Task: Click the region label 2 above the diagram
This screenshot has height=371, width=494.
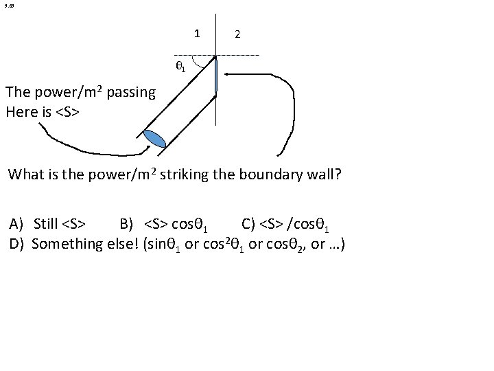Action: [x=237, y=34]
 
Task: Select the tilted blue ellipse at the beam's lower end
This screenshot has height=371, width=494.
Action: [x=155, y=138]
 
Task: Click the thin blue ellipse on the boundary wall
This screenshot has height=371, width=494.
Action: [x=215, y=76]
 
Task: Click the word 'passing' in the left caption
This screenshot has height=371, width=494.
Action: [x=131, y=92]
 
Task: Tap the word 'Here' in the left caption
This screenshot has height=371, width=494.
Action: [x=21, y=111]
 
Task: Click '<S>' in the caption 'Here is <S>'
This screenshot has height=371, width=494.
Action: [x=67, y=111]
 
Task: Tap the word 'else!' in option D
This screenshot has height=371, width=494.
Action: [x=120, y=243]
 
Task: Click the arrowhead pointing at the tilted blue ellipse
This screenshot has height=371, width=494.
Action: [x=146, y=146]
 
